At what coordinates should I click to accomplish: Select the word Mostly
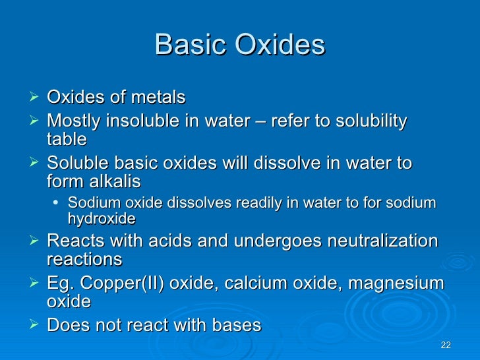click(x=74, y=121)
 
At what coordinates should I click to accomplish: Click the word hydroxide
click(x=102, y=218)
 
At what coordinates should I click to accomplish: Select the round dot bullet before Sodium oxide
click(x=59, y=202)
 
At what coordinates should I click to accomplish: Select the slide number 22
click(x=445, y=345)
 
